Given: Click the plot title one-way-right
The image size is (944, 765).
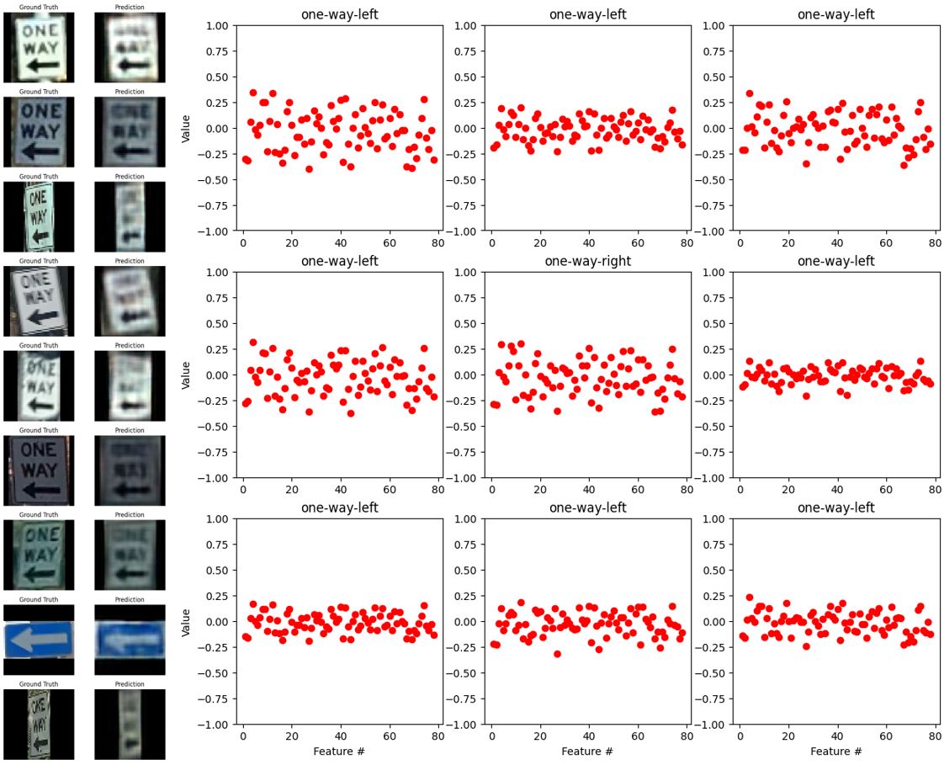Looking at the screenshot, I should click(588, 261).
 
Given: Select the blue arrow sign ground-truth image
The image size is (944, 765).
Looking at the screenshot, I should click(39, 640).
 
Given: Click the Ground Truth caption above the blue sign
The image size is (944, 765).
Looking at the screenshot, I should click(39, 600).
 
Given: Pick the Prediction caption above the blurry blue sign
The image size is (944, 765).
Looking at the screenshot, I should click(130, 600).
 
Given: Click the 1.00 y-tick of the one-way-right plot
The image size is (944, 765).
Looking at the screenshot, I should click(468, 273).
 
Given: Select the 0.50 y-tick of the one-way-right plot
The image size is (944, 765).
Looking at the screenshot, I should click(468, 324).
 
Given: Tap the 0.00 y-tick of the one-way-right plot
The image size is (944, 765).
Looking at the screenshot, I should click(468, 375).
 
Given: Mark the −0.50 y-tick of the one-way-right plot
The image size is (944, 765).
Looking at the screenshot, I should click(465, 427).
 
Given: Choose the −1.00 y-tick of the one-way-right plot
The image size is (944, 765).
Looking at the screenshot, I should click(465, 478).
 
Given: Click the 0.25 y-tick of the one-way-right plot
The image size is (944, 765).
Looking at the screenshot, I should click(468, 349).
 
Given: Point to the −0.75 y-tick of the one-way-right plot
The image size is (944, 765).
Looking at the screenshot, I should click(465, 452).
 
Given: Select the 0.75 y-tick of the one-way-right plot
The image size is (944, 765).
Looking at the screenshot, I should click(468, 298).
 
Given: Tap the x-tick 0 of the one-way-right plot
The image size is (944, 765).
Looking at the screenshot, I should click(491, 488).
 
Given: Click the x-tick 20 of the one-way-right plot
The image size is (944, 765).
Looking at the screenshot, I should click(540, 488).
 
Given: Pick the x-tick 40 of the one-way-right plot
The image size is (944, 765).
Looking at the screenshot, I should click(589, 488).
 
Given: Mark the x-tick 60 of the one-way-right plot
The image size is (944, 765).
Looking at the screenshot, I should click(638, 488).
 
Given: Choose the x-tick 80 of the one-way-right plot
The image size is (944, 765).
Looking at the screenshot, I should click(687, 488).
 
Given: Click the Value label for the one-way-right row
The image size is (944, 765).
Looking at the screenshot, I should click(187, 375).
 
